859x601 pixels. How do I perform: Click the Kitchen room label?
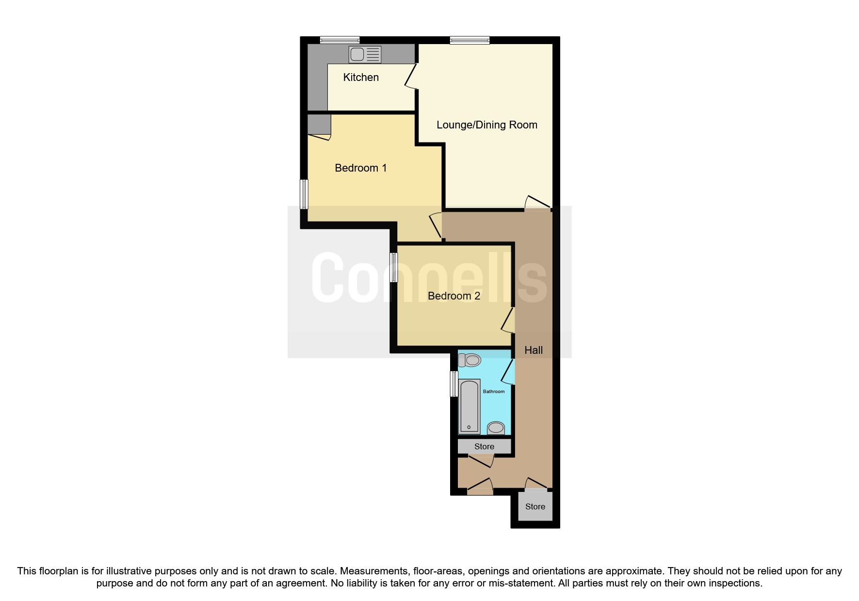pos(361,77)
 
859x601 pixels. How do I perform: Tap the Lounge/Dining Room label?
pos(486,125)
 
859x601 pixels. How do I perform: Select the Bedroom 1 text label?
pos(360,168)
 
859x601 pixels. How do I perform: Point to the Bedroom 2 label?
pos(454,296)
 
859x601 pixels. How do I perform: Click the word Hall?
pos(534,350)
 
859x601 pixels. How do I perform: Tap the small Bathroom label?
pos(494,391)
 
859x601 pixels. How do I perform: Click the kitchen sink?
pos(365,54)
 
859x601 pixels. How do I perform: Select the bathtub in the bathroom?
pos(469,406)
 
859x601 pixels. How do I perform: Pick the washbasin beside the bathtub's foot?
pos(496,427)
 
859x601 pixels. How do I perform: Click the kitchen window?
pos(340,40)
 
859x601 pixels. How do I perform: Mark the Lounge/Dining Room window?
pos(470,40)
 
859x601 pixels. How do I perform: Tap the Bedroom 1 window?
pos(304,194)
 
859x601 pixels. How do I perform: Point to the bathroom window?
pos(454,383)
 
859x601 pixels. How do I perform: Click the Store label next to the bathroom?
pos(484,446)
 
